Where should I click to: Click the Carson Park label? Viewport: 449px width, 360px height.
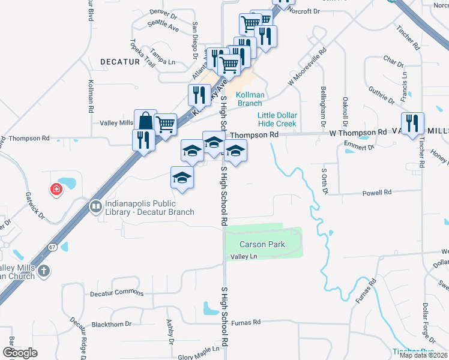(261, 245)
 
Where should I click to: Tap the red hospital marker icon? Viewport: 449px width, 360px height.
(56, 190)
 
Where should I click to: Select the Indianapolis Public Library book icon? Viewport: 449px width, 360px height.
(95, 207)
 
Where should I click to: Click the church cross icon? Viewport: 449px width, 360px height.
(43, 272)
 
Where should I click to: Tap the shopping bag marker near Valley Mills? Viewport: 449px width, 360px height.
(146, 121)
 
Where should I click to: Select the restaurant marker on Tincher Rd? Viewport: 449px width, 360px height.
(412, 124)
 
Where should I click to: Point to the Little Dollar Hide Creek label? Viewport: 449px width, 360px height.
(277, 119)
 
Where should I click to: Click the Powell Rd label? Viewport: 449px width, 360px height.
(376, 193)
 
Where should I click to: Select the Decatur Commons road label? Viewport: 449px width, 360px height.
(117, 293)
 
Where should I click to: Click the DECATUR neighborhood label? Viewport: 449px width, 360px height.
(120, 62)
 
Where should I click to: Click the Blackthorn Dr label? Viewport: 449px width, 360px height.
(112, 325)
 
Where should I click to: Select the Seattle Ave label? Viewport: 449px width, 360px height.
(164, 25)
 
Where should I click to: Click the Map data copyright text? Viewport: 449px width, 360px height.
(424, 355)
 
